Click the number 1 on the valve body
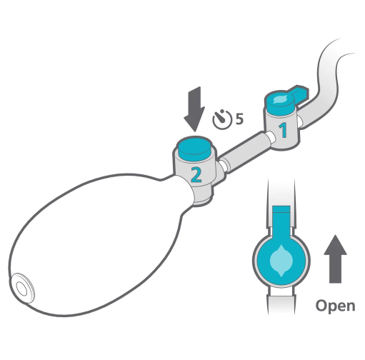[x=283, y=130]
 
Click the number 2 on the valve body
[x=196, y=175]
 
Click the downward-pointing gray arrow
[x=194, y=109]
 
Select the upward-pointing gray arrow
[x=335, y=259]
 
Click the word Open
[x=335, y=306]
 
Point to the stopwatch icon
[x=222, y=119]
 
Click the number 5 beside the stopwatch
[x=239, y=119]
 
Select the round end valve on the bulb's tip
[x=23, y=289]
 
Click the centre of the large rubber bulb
[x=95, y=245]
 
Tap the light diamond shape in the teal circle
[x=281, y=261]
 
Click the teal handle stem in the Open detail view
[x=281, y=221]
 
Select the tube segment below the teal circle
[x=281, y=301]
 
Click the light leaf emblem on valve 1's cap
[x=279, y=99]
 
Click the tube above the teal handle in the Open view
[x=281, y=192]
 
